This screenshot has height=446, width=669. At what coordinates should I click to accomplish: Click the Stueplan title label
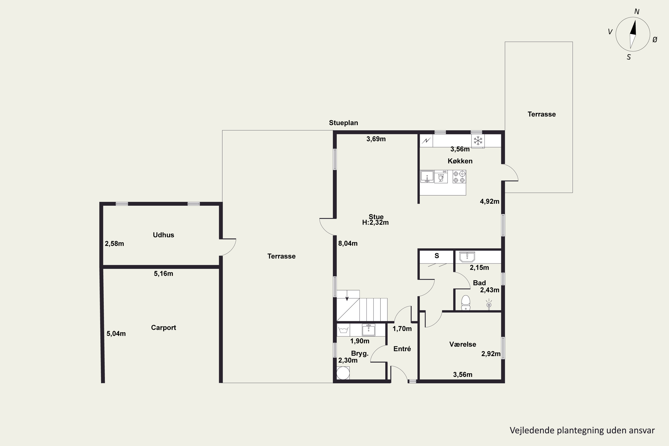[343, 123]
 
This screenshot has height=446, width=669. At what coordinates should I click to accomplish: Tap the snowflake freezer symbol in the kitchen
[478, 140]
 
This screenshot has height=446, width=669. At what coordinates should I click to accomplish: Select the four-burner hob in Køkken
[459, 177]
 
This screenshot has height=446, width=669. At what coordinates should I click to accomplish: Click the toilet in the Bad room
[465, 303]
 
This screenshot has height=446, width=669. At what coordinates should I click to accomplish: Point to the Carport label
[163, 328]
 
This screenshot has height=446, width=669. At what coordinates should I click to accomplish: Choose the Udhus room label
[163, 235]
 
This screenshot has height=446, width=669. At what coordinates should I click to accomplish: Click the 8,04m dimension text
[348, 244]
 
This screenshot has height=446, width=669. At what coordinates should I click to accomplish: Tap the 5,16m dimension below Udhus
[163, 274]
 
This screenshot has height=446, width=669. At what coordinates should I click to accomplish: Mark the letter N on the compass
[637, 12]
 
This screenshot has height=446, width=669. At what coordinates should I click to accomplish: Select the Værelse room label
[463, 345]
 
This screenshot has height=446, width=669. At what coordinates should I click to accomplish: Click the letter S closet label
[437, 256]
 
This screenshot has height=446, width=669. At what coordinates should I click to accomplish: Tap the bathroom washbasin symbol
[467, 257]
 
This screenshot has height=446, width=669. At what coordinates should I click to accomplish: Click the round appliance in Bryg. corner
[343, 373]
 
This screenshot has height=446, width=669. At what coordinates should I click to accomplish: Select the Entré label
[402, 349]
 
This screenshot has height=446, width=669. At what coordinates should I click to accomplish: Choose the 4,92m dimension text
[489, 202]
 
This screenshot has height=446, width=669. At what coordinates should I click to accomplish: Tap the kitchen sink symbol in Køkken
[427, 177]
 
